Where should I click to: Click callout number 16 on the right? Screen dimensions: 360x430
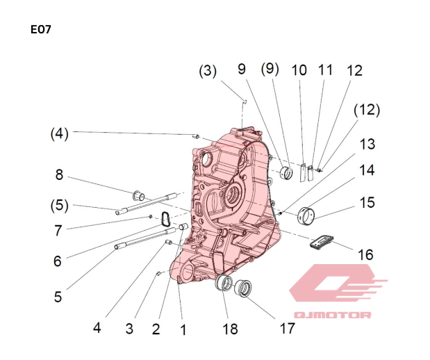coord(365,255)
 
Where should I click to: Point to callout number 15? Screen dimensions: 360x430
coord(367,202)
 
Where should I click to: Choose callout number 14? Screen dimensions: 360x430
coord(367,170)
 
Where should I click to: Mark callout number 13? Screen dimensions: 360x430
coord(367,144)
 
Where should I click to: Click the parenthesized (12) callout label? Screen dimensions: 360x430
coord(366,110)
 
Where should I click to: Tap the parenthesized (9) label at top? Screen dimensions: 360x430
coord(270,69)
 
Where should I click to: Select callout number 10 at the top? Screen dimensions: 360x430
coord(299,70)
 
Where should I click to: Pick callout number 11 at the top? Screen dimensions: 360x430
coord(325,69)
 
